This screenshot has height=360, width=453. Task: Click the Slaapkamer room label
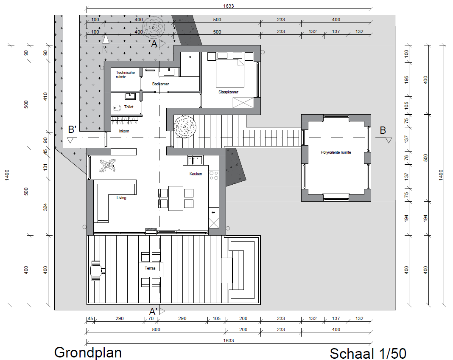228,92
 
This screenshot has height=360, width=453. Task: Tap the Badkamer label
161,84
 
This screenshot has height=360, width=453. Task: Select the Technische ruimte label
126,75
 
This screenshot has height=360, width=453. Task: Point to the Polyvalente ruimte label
336,152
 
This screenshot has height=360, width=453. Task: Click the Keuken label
196,174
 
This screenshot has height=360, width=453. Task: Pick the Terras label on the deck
150,268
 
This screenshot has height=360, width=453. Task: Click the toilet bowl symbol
115,108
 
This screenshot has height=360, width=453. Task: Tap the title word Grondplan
88,352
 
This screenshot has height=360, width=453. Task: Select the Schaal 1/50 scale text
368,353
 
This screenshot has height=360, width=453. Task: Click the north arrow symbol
106,43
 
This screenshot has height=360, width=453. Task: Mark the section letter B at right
383,130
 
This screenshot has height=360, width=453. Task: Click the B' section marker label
72,129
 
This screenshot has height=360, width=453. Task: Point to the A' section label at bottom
153,312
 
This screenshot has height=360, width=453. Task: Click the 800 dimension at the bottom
156,329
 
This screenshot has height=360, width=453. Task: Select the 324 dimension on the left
45,207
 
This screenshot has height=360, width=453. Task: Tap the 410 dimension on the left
45,96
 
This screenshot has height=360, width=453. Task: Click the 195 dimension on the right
406,80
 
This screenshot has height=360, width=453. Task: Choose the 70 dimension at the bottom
151,318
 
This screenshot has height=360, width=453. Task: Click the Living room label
121,198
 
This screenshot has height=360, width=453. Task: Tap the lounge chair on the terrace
96,271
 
